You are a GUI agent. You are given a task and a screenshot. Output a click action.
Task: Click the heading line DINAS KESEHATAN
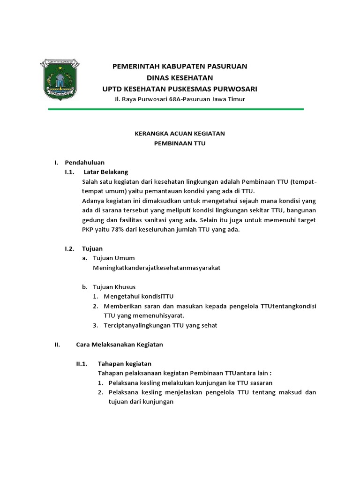point(180,77)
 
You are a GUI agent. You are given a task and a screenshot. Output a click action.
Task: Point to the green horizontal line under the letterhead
point(176,109)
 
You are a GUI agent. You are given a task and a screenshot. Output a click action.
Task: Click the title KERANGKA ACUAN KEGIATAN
point(180,134)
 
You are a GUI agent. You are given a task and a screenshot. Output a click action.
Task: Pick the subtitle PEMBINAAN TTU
point(180,144)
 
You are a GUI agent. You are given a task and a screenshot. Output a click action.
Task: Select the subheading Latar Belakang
point(109,172)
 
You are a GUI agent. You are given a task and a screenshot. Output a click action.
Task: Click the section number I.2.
point(70,248)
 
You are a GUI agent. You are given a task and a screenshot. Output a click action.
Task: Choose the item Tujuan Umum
point(114,258)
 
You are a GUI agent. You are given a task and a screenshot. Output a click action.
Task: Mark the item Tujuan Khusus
point(115,287)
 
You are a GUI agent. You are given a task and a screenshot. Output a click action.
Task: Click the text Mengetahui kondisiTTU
point(139,296)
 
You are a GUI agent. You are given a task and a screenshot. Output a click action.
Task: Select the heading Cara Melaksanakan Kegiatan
point(120,345)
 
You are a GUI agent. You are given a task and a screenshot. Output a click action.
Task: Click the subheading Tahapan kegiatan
point(124,364)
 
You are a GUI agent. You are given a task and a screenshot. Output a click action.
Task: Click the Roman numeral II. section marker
point(57,345)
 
